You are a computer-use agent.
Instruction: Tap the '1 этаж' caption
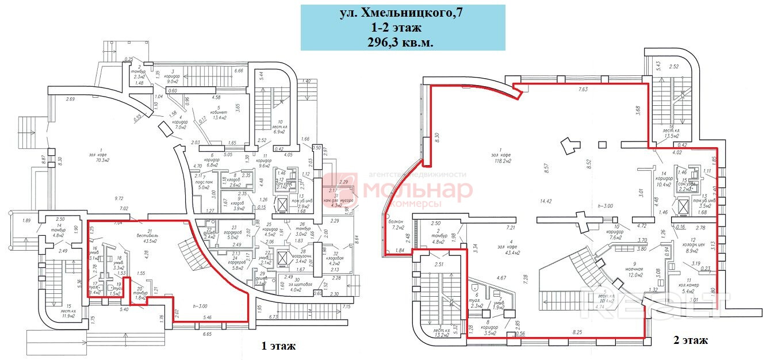point(278,346)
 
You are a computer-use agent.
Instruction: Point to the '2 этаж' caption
point(690,340)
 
